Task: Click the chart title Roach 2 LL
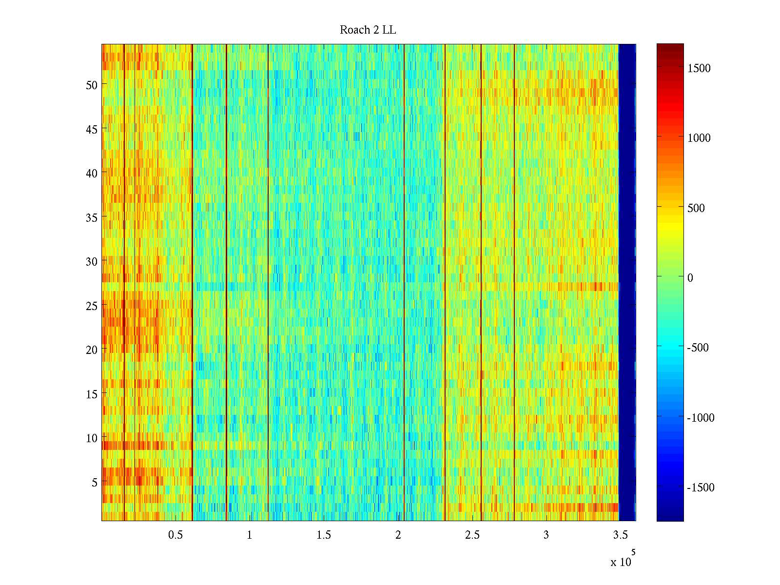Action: [368, 30]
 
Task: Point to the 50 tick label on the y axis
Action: [92, 85]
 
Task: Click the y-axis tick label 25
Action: [92, 306]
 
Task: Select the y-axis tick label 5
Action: [95, 483]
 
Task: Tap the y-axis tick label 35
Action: [92, 217]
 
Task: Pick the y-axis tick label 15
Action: [92, 394]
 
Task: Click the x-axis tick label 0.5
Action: [175, 535]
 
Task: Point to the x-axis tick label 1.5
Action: [324, 535]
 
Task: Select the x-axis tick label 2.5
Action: [472, 535]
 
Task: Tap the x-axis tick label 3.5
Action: [620, 535]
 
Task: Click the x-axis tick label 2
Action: [398, 535]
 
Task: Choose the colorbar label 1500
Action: [699, 69]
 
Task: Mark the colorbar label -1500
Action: [701, 488]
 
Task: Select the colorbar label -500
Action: [698, 348]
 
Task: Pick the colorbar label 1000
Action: [699, 138]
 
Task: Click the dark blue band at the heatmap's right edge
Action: [627, 283]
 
